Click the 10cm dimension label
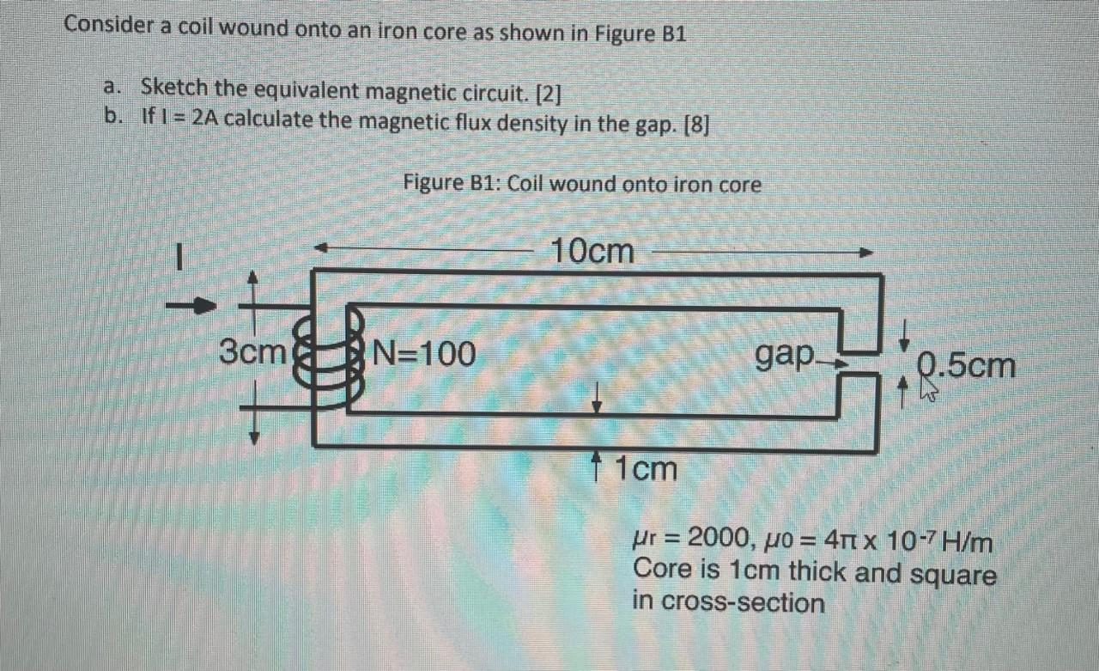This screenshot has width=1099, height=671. (592, 251)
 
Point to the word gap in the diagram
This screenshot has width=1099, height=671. (785, 353)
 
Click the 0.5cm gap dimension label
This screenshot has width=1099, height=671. (965, 367)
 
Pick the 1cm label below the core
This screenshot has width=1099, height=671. (646, 469)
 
